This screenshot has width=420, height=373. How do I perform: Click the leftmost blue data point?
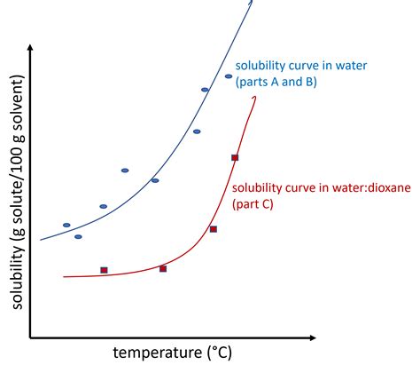point(66,225)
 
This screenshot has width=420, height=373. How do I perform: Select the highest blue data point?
point(229,76)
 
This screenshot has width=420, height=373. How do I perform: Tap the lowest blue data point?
point(78,236)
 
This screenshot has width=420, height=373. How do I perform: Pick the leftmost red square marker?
point(104,270)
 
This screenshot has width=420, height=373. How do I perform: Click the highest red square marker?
point(235,157)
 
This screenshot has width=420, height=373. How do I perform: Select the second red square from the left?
point(163,268)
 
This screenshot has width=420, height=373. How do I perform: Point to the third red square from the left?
point(213,229)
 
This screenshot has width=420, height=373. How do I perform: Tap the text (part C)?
point(253,204)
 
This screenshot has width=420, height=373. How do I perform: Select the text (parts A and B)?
point(276,83)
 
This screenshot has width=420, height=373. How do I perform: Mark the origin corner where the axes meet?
point(31,337)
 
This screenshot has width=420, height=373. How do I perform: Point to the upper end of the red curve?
point(256,94)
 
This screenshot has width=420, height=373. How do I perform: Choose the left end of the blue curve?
point(42,240)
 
